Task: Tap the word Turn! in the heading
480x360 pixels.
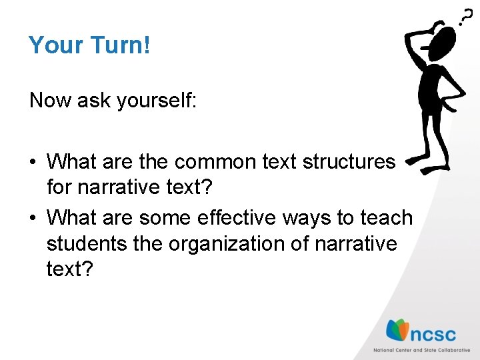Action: click(x=121, y=45)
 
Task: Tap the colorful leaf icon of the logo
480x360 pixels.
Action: click(x=398, y=330)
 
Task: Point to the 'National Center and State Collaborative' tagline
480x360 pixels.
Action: click(x=421, y=349)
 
